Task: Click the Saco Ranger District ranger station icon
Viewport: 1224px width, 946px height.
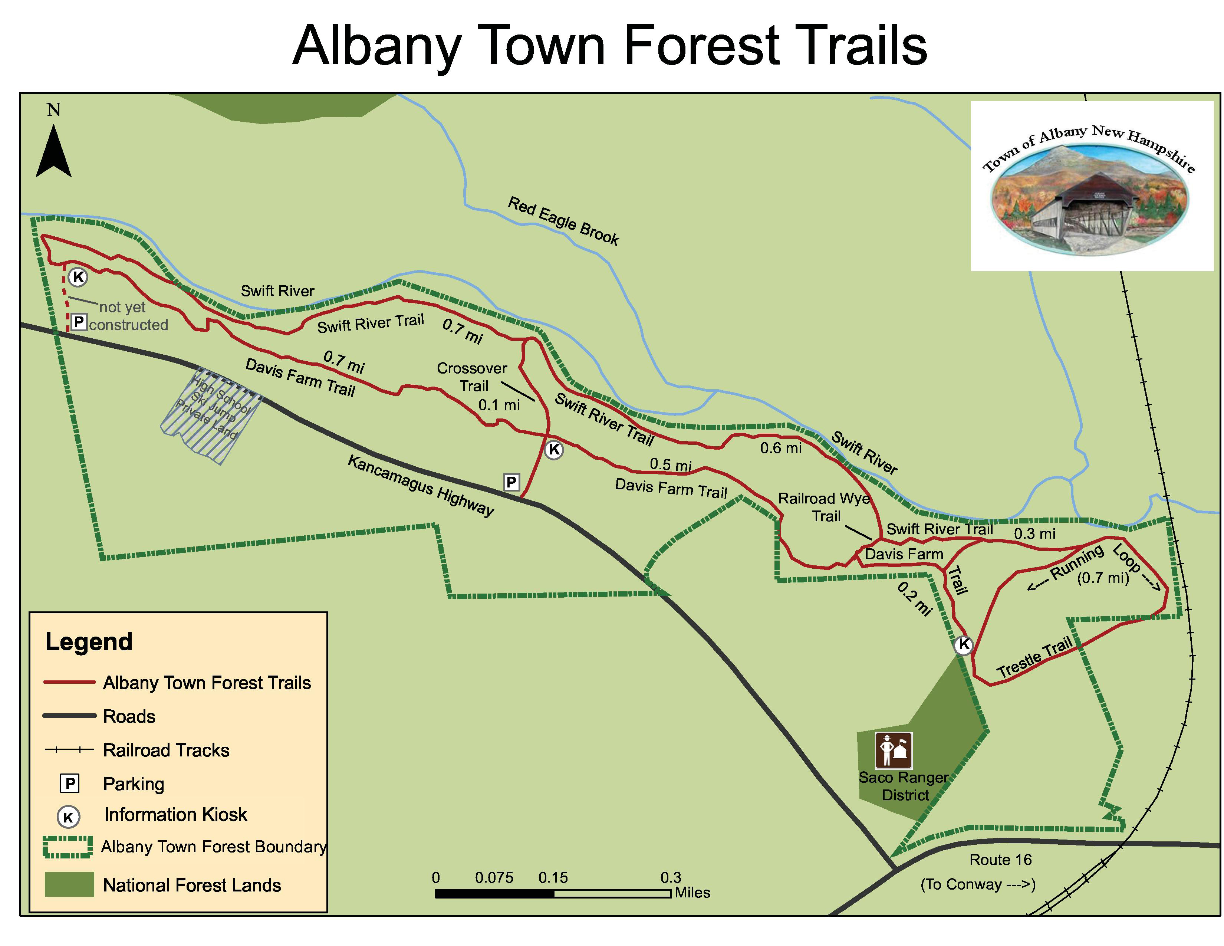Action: (x=894, y=750)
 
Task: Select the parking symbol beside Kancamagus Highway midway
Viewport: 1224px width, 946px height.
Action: (x=511, y=482)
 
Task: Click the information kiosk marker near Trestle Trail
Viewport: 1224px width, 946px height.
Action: (x=963, y=645)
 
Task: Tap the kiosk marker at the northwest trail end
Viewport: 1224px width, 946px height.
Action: (x=78, y=277)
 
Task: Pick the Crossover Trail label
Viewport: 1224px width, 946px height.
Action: (x=473, y=377)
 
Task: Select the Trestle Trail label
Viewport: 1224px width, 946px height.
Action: (x=1034, y=658)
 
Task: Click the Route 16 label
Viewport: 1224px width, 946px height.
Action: (x=1000, y=859)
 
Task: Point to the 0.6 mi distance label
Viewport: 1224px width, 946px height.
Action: (x=781, y=448)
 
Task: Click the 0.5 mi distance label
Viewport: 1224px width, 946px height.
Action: (x=670, y=464)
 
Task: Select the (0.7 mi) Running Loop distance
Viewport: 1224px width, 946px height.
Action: (x=1102, y=578)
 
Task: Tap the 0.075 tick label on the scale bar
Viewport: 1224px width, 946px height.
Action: (x=494, y=877)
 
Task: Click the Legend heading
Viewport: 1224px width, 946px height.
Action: (x=89, y=642)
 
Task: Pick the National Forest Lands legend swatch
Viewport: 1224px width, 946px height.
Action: (x=69, y=884)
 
